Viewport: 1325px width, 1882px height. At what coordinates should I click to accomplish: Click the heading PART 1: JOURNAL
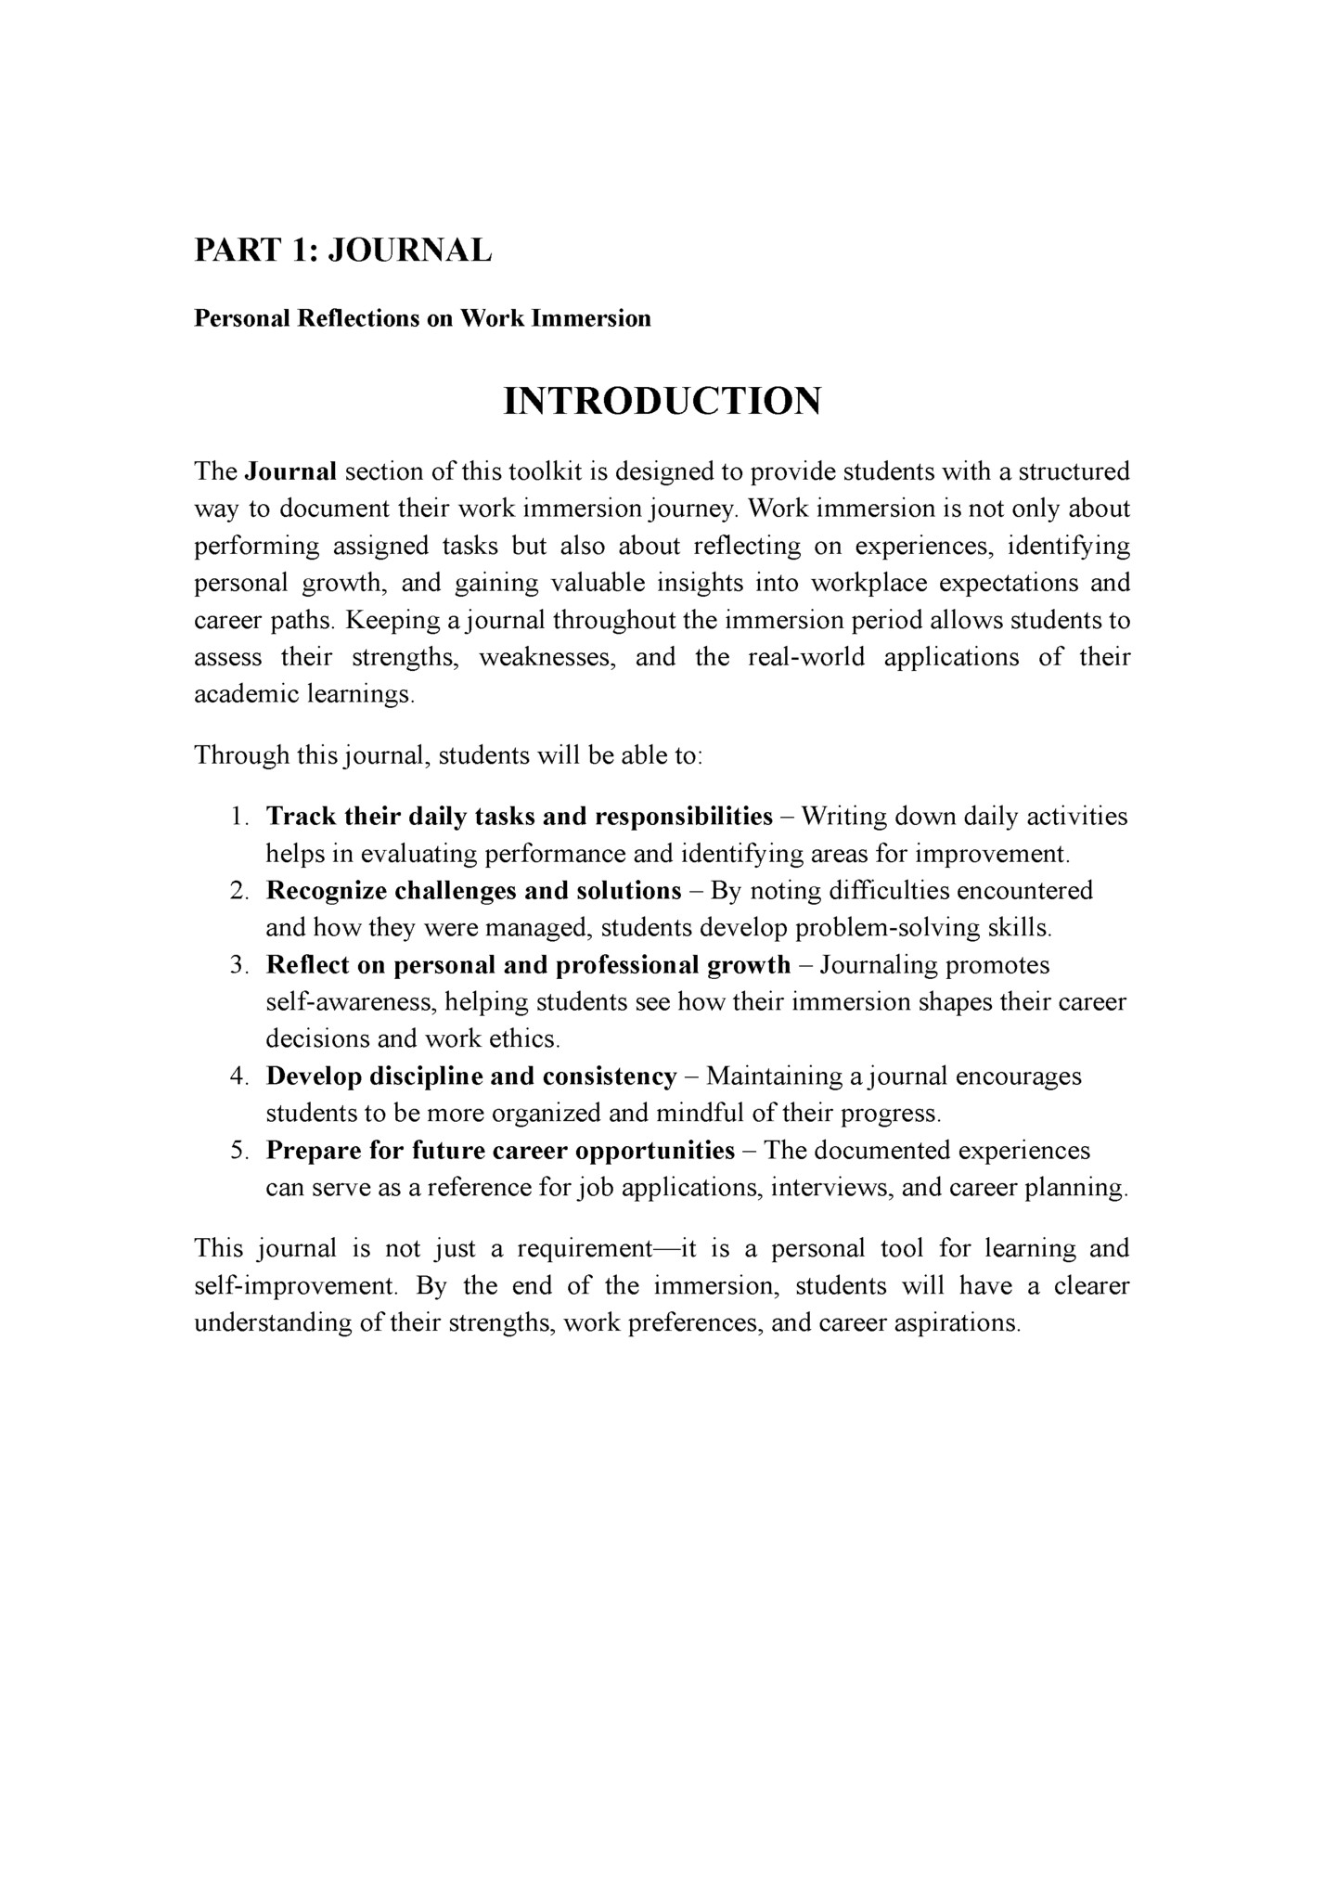pyautogui.click(x=342, y=251)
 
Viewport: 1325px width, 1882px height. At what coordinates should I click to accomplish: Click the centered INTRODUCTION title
pyautogui.click(x=662, y=401)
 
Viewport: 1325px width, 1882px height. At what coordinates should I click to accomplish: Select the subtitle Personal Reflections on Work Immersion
pyautogui.click(x=422, y=318)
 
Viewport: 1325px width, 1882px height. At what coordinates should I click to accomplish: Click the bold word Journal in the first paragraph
pyautogui.click(x=289, y=471)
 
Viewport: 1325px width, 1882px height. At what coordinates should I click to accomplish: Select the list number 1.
pyautogui.click(x=238, y=817)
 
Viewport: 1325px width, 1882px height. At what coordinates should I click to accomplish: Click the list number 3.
pyautogui.click(x=238, y=965)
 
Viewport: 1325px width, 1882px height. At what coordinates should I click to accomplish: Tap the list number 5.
pyautogui.click(x=238, y=1151)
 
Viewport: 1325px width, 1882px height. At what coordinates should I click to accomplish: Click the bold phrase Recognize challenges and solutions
pyautogui.click(x=473, y=891)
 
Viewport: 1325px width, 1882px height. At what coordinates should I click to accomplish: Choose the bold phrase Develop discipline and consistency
pyautogui.click(x=471, y=1076)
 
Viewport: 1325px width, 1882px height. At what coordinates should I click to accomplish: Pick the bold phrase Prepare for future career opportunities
pyautogui.click(x=500, y=1151)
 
